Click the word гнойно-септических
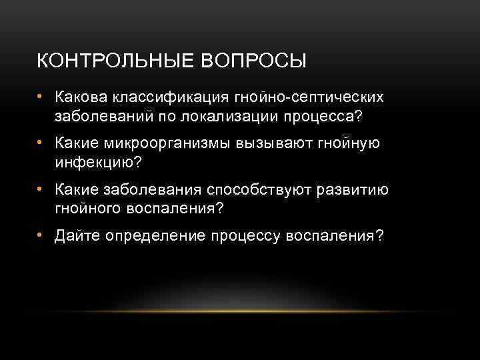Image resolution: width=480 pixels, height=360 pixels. [309, 97]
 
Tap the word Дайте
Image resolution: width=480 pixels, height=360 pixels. [77, 237]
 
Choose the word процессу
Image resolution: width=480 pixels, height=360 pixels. [246, 237]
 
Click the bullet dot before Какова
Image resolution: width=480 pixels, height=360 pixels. [41, 97]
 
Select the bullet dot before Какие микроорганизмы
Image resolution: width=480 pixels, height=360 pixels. [41, 144]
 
